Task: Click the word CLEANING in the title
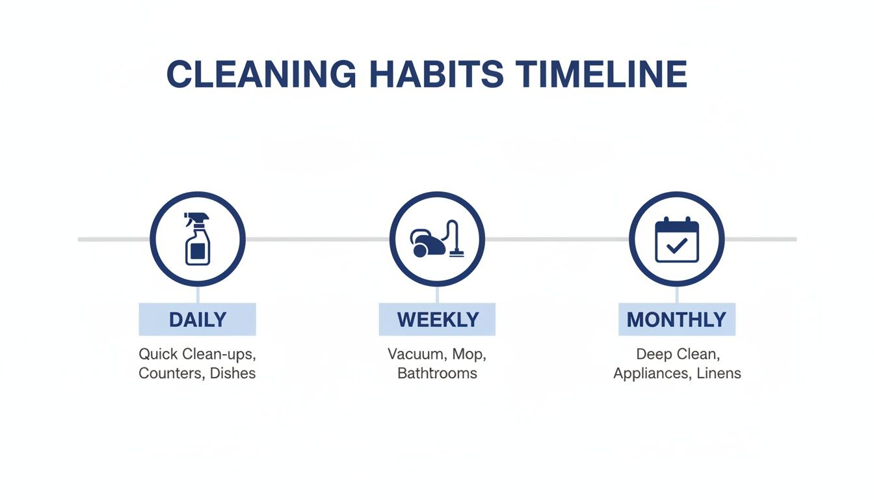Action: (x=261, y=74)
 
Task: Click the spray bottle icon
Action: (x=197, y=240)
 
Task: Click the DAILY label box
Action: (x=197, y=320)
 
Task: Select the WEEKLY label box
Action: (x=437, y=320)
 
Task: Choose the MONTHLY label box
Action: (x=676, y=320)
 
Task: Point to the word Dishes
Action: (x=233, y=374)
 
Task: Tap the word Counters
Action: (x=170, y=374)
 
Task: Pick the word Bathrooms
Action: (x=437, y=374)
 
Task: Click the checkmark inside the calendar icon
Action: (x=677, y=246)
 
